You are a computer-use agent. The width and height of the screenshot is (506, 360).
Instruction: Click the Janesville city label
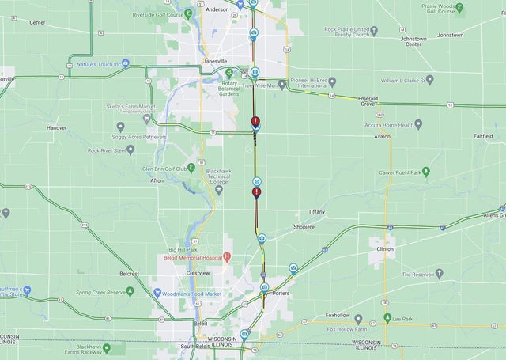[x=211, y=61]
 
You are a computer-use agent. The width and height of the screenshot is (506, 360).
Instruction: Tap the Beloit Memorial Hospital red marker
[x=227, y=256]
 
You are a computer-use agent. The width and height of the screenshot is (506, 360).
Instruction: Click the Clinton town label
[x=385, y=248]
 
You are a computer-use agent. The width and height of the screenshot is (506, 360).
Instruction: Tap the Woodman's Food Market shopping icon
[x=157, y=293]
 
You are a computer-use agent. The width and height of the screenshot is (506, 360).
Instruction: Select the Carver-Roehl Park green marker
[x=426, y=172]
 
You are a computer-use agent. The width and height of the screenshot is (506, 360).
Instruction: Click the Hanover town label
[x=56, y=127]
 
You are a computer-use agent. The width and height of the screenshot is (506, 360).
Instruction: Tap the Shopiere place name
[x=304, y=227]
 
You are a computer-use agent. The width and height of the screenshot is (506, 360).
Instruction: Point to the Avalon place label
[x=382, y=136]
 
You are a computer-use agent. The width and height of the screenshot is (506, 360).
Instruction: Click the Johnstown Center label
[x=414, y=41]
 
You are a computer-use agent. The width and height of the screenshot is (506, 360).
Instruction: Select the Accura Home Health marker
[x=418, y=124]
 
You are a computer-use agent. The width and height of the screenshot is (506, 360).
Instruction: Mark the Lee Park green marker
[x=387, y=318]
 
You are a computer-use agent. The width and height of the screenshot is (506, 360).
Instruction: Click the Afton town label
[x=157, y=180]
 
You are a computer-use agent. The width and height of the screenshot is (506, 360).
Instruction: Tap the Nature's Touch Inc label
[x=103, y=63]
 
